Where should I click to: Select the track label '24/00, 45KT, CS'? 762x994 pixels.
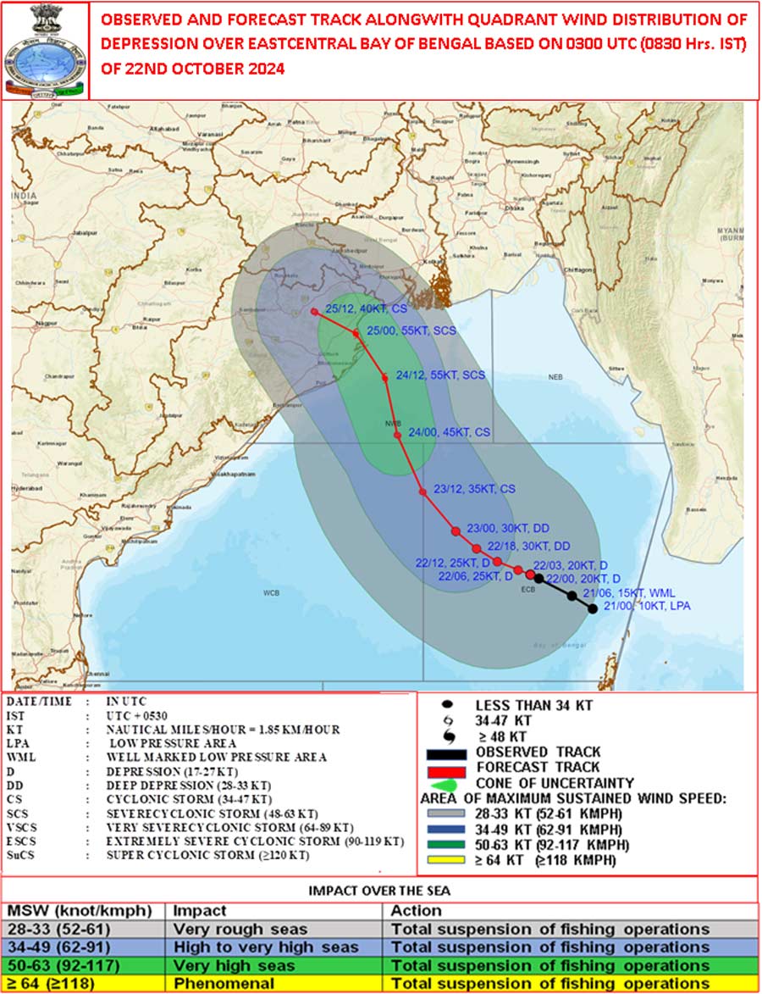449,432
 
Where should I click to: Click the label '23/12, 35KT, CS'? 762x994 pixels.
473,489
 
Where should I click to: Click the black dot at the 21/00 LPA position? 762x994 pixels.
593,608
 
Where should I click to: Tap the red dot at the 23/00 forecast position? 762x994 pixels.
456,531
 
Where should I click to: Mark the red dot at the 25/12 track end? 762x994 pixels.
315,312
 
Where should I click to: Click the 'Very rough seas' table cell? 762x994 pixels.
224,930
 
